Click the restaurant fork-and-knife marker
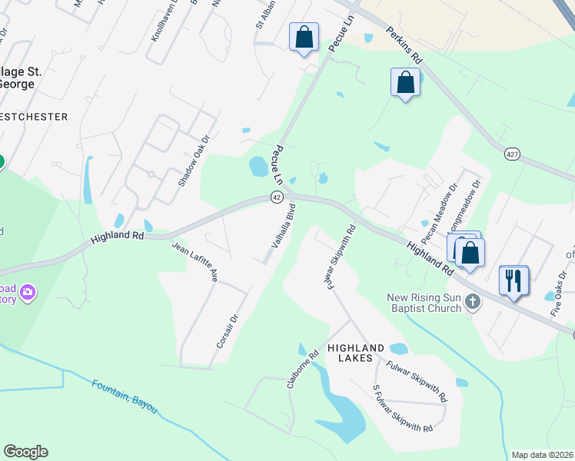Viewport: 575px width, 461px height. tap(513, 280)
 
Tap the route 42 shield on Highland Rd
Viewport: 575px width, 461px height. tap(276, 197)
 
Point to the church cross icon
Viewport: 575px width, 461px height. tap(474, 303)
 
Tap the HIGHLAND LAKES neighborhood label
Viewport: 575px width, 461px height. tap(355, 353)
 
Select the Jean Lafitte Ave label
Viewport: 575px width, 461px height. tap(195, 262)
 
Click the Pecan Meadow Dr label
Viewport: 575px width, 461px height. tap(439, 204)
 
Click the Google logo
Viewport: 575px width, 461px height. tap(26, 452)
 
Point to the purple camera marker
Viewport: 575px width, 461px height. tap(28, 292)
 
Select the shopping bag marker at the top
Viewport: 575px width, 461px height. tap(304, 37)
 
